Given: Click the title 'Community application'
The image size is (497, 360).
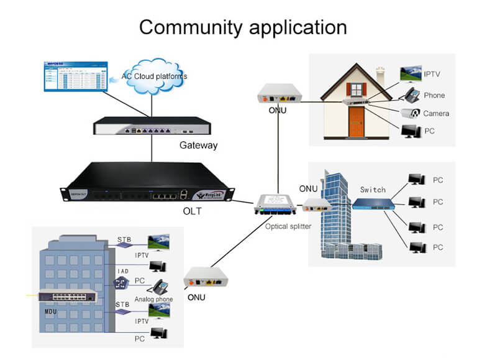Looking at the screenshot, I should point(242,27).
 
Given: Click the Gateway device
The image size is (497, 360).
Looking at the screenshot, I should point(152,127).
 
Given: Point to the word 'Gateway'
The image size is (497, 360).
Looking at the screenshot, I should point(199,145).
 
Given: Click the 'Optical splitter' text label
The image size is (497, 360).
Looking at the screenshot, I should point(288,226).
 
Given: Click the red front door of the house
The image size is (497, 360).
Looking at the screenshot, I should point(356,121).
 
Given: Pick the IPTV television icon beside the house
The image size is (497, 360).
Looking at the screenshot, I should point(410,75).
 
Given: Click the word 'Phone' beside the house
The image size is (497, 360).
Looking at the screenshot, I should point(434,95).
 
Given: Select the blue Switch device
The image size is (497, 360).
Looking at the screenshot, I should point(373,203).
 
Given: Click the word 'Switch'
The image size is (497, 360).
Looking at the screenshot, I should point(373,189).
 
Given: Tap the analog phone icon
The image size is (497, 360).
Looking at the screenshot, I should point(161,287).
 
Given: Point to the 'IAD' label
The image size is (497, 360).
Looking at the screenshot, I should point(123,272).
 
